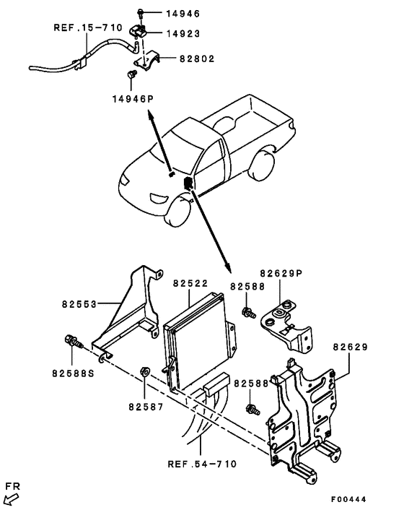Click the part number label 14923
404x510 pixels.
(x=183, y=33)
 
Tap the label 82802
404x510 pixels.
(x=197, y=59)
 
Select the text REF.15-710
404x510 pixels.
(x=88, y=27)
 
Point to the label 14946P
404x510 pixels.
(x=133, y=98)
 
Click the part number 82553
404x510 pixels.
(x=79, y=304)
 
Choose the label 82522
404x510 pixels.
(x=190, y=283)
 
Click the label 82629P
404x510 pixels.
(x=281, y=273)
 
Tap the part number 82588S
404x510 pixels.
(x=73, y=373)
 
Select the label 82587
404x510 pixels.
(x=146, y=407)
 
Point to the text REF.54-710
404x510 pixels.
(x=202, y=464)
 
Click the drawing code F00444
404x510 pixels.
(x=348, y=499)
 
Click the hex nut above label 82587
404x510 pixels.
(x=144, y=371)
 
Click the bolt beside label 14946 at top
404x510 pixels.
(x=140, y=14)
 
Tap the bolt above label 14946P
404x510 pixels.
(x=131, y=74)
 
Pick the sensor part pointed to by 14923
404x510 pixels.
(x=139, y=30)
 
